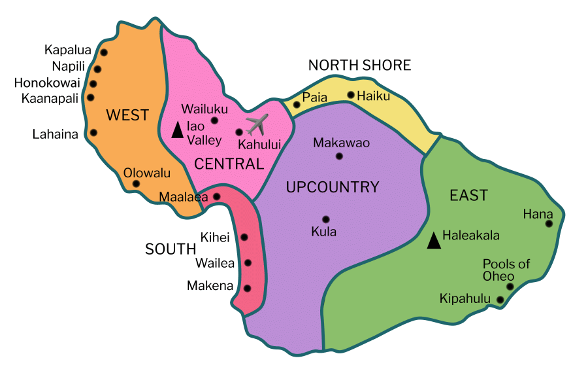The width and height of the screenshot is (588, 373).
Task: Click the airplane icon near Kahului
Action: pyautogui.click(x=258, y=124)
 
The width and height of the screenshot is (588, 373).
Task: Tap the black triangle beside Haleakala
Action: pyautogui.click(x=433, y=241)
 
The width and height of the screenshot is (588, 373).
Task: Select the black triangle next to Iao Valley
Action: pyautogui.click(x=176, y=130)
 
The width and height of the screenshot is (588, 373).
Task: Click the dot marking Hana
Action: pyautogui.click(x=549, y=224)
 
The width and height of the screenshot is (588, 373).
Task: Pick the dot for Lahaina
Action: pyautogui.click(x=93, y=133)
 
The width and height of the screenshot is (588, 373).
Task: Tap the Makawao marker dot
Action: pyautogui.click(x=339, y=156)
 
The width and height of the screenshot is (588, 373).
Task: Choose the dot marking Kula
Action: pyautogui.click(x=325, y=219)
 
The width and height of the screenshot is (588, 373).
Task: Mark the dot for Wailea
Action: pyautogui.click(x=248, y=263)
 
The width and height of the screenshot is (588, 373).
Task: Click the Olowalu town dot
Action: pyautogui.click(x=136, y=184)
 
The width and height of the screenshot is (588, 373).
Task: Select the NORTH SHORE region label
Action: pyautogui.click(x=359, y=65)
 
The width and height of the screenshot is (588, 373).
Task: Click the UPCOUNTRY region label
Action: pyautogui.click(x=333, y=188)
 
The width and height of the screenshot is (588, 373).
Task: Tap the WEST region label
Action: pyautogui.click(x=127, y=116)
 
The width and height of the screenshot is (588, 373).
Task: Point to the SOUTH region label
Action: pyautogui.click(x=171, y=249)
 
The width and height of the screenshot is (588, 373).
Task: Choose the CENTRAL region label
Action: pyautogui.click(x=229, y=164)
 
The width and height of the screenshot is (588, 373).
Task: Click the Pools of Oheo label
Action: pyautogui.click(x=506, y=270)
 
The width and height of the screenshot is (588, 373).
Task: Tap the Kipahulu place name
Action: pyautogui.click(x=465, y=300)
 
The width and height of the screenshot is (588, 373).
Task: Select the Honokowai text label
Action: pyautogui.click(x=47, y=83)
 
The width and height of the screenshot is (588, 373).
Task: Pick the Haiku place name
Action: pyautogui.click(x=374, y=96)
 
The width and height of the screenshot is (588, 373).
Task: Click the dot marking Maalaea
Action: pyautogui.click(x=217, y=196)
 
